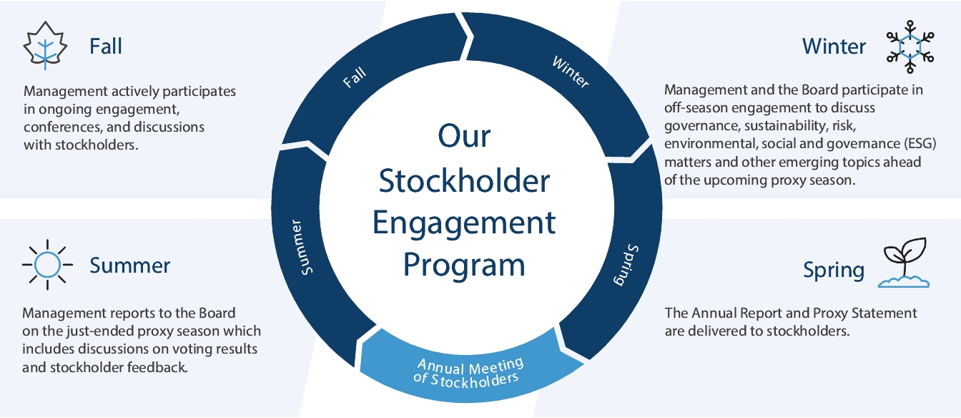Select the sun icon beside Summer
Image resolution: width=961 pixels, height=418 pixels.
tap(47, 265)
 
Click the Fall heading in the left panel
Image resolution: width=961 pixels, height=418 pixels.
tap(106, 47)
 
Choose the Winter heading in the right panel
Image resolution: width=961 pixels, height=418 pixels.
tap(834, 47)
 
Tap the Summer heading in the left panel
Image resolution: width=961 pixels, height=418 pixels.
tap(130, 266)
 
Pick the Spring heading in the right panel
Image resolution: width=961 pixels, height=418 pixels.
tap(834, 270)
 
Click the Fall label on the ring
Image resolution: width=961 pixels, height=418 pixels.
tap(355, 77)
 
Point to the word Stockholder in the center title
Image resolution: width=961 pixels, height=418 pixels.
tap(464, 181)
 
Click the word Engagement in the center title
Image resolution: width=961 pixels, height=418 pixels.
tap(464, 223)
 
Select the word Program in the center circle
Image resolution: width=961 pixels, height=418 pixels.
tap(464, 264)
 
